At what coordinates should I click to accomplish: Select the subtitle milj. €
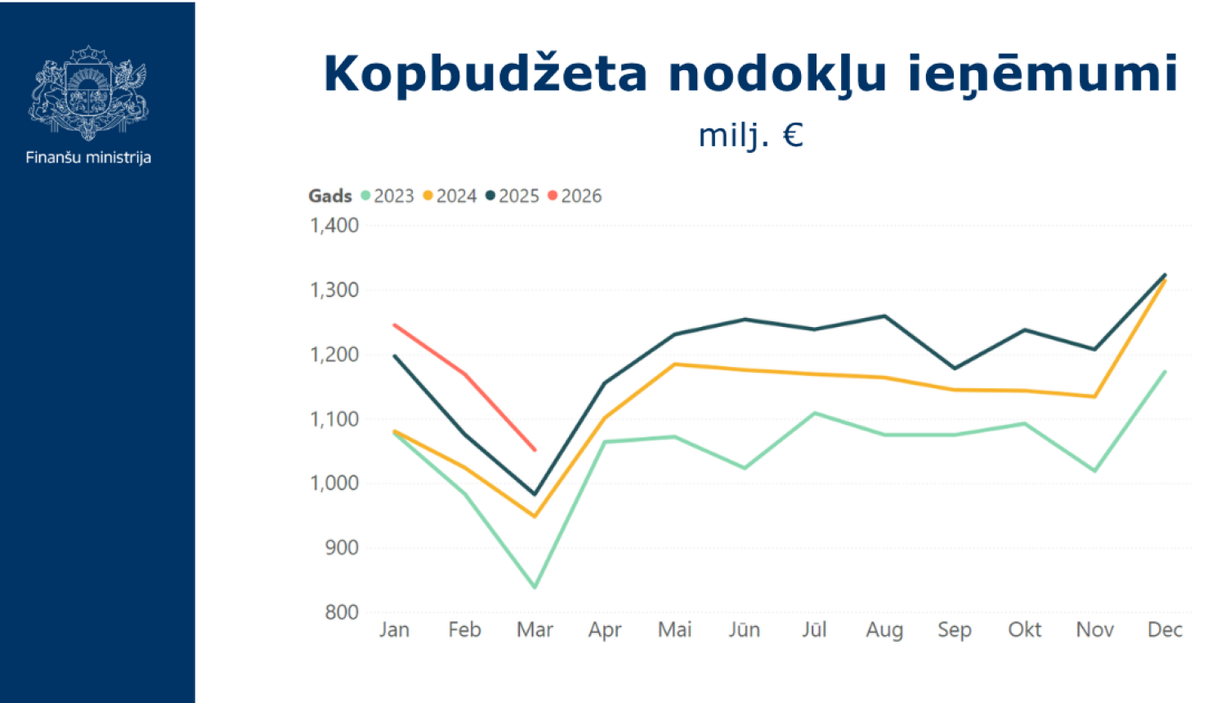(x=750, y=135)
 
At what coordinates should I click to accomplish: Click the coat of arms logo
(x=88, y=92)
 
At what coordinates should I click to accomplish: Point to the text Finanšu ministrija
(x=88, y=157)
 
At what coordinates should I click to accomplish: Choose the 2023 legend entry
(x=387, y=196)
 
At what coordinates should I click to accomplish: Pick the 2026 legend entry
(x=575, y=196)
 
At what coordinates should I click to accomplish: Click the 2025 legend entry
(x=512, y=196)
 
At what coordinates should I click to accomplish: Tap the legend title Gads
(x=329, y=196)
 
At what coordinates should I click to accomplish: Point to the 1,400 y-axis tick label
(x=334, y=226)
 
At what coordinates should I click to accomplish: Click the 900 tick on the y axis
(x=342, y=548)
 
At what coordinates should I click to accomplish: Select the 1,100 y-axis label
(x=334, y=419)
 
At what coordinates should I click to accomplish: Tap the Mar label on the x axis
(x=535, y=630)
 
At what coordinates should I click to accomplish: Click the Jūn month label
(x=745, y=630)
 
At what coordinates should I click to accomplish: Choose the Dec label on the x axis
(x=1165, y=630)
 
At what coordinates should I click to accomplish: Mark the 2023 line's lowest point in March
(x=535, y=587)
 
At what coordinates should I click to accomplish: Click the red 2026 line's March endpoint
(x=535, y=450)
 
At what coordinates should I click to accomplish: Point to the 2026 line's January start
(x=395, y=325)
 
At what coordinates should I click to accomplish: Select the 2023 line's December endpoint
(x=1165, y=372)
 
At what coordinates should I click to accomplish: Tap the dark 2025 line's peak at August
(x=884, y=316)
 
